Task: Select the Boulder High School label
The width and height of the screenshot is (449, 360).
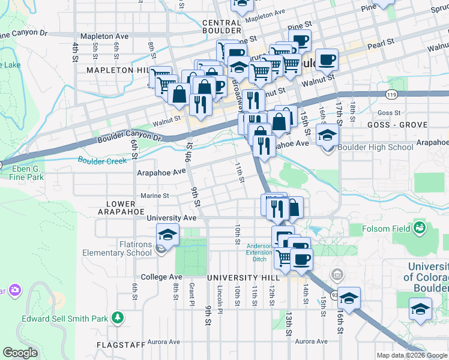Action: pyautogui.click(x=367, y=148)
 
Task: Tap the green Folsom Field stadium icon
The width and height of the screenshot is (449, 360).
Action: pyautogui.click(x=420, y=227)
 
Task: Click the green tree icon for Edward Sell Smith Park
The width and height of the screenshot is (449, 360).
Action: pyautogui.click(x=119, y=317)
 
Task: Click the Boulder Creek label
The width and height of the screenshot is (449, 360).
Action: pyautogui.click(x=102, y=161)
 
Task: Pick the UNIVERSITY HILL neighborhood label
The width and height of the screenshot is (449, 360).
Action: pyautogui.click(x=244, y=278)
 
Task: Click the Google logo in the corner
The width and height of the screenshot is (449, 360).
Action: pyautogui.click(x=20, y=352)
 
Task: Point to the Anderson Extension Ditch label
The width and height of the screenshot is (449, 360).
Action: pyautogui.click(x=259, y=251)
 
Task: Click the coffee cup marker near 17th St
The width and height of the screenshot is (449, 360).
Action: pyautogui.click(x=327, y=59)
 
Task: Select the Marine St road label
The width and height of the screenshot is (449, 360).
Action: pyautogui.click(x=154, y=195)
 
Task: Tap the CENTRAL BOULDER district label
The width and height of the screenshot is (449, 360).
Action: pyautogui.click(x=221, y=26)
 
